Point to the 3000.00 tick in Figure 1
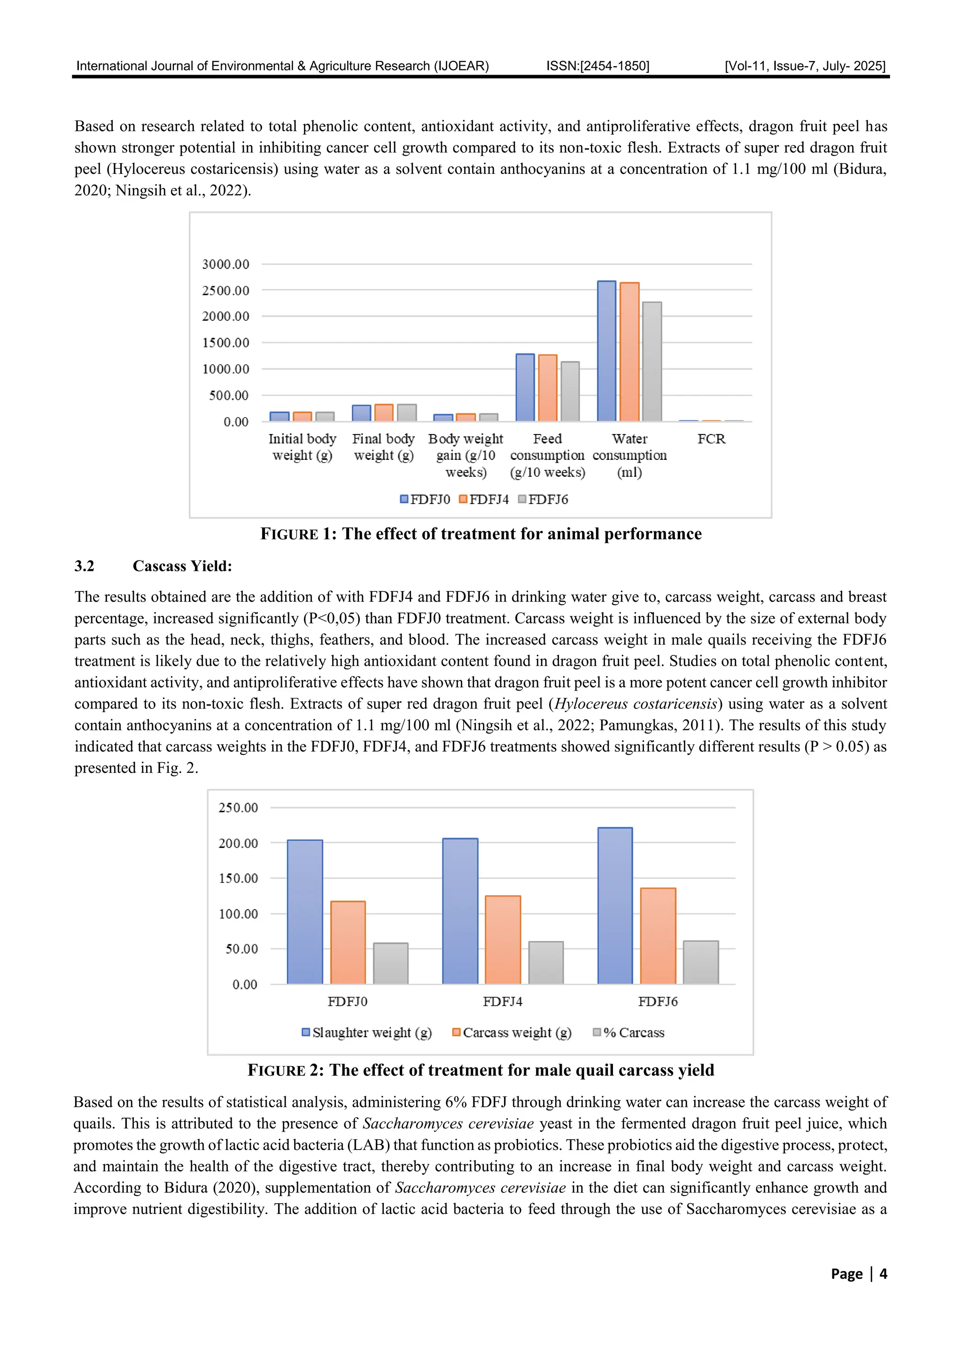[x=225, y=264]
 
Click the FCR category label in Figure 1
[x=711, y=439]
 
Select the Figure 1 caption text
[x=481, y=534]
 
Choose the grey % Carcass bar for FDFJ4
[x=545, y=963]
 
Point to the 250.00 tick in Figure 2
[x=238, y=808]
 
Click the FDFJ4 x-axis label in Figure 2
[x=502, y=1001]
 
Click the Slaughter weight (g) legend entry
[x=367, y=1033]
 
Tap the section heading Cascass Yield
[x=182, y=566]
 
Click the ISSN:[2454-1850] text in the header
[x=597, y=66]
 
